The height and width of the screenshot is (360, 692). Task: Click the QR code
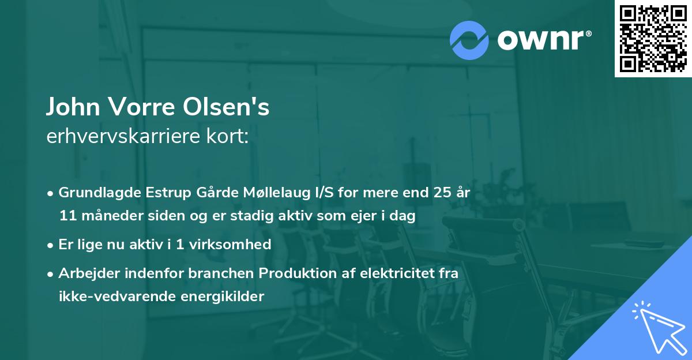(x=653, y=38)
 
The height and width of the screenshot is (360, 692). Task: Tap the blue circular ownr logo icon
(x=469, y=40)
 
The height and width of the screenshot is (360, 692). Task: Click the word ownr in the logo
(x=539, y=40)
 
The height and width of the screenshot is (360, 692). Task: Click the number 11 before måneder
(x=66, y=216)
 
